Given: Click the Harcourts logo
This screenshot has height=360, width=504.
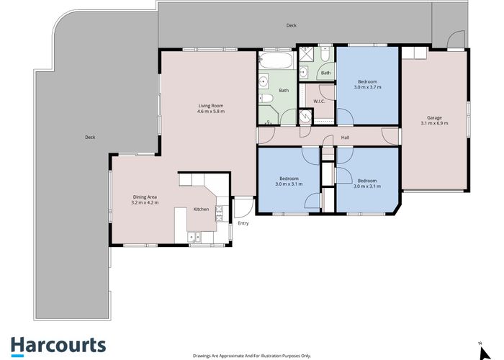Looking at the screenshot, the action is [58, 346].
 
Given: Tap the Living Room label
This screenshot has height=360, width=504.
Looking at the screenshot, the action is [210, 106].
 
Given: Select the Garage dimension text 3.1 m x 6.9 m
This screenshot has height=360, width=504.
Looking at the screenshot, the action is [434, 123].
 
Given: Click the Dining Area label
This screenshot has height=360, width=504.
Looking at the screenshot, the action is [145, 197].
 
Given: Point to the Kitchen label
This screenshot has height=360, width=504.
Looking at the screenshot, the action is [201, 210].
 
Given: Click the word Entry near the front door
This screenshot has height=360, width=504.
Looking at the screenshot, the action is [243, 223].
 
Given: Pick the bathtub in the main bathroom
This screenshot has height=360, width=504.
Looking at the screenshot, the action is [276, 60].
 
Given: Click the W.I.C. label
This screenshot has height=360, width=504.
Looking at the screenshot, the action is [319, 102].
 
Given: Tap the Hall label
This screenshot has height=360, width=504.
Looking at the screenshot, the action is [345, 138].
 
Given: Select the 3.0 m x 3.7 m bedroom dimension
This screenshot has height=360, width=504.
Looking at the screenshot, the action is [367, 87].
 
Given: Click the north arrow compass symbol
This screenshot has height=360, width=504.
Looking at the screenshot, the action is [484, 352].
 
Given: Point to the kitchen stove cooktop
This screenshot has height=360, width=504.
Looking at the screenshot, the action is [219, 214].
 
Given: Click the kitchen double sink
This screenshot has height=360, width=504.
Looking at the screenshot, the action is [194, 237].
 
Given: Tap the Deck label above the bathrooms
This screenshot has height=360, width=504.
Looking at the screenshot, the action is [291, 25].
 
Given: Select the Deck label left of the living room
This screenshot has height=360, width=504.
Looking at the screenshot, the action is [90, 138].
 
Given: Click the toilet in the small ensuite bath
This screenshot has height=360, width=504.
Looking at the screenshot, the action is [325, 55].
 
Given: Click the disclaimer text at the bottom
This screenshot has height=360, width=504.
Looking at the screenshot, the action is [252, 356].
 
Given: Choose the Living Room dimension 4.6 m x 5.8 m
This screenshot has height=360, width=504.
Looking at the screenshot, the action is [211, 112].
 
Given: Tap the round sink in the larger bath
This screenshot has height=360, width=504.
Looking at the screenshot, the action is [264, 81].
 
